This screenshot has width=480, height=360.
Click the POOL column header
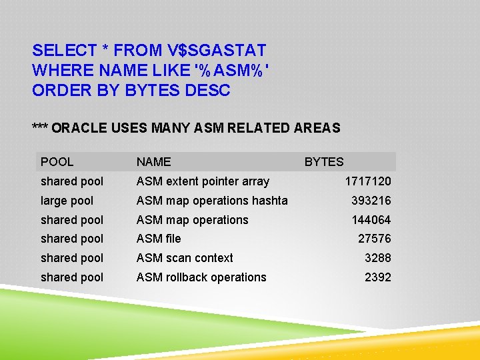57,161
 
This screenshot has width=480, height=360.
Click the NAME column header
153,161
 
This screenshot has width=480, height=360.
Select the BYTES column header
324,161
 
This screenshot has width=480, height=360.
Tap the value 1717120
368,181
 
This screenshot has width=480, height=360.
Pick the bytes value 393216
371,201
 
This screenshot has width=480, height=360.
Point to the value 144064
371,220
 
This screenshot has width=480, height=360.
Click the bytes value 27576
374,239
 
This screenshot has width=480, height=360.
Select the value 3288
377,258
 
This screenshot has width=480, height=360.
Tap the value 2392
377,277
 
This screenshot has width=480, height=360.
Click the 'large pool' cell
67,201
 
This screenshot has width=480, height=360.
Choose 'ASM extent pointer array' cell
203,181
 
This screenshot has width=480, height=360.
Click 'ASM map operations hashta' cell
212,201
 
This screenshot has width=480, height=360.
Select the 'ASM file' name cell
159,239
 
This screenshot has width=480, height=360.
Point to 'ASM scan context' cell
185,258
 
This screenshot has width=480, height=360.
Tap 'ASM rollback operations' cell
201,277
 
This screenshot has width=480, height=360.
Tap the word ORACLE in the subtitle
79,127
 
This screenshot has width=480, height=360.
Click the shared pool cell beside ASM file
72,239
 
